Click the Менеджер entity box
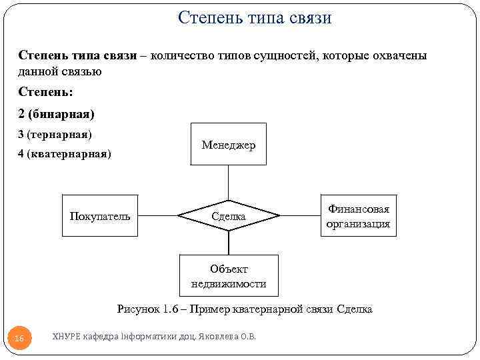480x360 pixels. pos(229,144)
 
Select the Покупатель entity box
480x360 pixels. pos(100,216)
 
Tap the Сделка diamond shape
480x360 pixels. pos(229,216)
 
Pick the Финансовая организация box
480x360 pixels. pos(358,216)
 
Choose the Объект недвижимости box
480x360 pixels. pos(229,276)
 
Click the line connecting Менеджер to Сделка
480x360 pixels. pos(229,182)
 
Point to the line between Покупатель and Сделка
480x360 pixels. pos(158,216)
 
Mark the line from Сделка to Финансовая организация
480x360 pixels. pos(299,216)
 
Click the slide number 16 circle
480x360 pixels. pos(19,339)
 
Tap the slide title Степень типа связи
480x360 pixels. pos(255,18)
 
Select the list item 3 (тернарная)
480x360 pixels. pos(55,134)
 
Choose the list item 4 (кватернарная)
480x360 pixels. pos(65,155)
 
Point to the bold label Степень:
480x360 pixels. pos(45,92)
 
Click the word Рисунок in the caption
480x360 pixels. pos(139,309)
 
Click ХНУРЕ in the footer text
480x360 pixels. pos(65,336)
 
